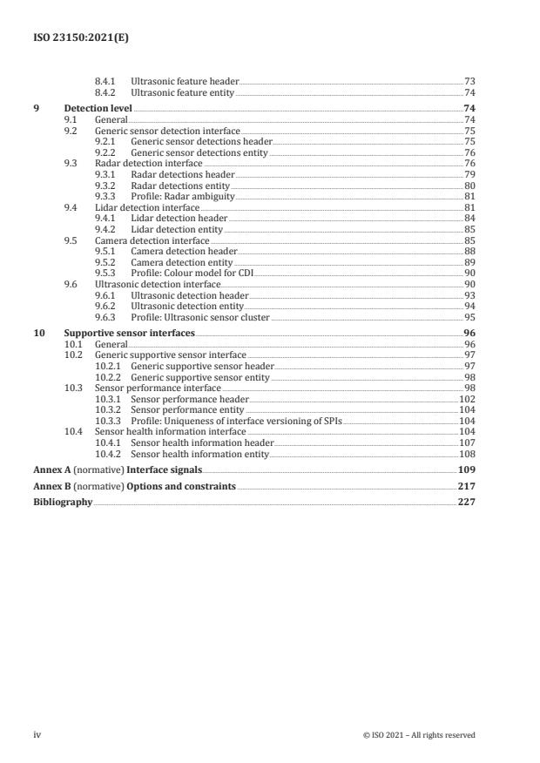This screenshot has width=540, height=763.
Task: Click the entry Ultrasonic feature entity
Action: point(182,92)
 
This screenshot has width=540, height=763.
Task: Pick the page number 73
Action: point(469,81)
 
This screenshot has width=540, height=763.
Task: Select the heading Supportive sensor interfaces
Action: point(129,333)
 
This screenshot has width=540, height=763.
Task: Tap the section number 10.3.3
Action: point(108,421)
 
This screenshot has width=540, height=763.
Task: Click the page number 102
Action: point(467,399)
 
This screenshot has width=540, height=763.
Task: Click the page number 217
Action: point(466,487)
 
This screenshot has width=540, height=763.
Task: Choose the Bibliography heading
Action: point(63,503)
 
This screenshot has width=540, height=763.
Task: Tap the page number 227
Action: point(466,503)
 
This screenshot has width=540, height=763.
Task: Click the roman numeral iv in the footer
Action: point(37,735)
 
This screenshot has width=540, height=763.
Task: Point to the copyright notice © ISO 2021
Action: point(419,735)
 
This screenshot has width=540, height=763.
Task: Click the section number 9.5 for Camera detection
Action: point(71,240)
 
